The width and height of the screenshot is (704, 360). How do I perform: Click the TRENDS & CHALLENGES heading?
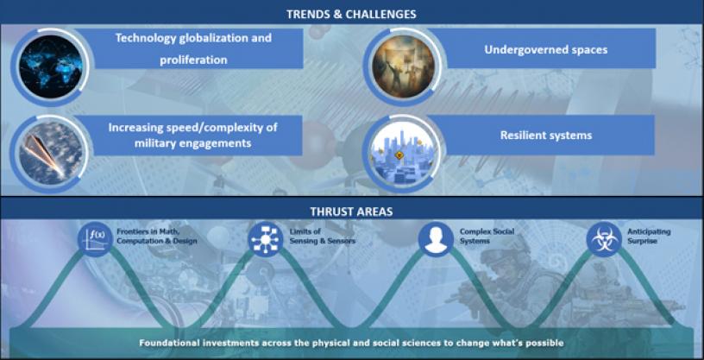coord(351,15)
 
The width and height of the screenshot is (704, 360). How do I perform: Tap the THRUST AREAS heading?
coord(351,212)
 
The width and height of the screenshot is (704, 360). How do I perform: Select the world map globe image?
coord(51,67)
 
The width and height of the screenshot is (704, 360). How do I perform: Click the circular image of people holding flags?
coord(403,67)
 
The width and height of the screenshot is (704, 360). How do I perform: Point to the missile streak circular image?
coord(51,154)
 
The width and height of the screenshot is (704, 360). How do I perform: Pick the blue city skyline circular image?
coord(403,154)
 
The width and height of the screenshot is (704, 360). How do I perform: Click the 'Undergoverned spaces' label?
coord(546,49)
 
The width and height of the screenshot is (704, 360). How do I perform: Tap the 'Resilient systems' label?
coord(546,136)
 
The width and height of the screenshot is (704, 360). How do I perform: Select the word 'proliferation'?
coord(193,60)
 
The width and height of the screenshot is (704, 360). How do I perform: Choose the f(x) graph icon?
coord(95,239)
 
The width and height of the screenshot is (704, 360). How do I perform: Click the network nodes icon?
coord(266,239)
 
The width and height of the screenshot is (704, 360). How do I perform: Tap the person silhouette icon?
coord(436,239)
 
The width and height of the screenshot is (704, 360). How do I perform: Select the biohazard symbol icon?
coord(604,239)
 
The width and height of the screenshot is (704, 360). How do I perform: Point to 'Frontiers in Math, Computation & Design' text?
coord(157,237)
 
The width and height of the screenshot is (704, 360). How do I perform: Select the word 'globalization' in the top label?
coord(225,38)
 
